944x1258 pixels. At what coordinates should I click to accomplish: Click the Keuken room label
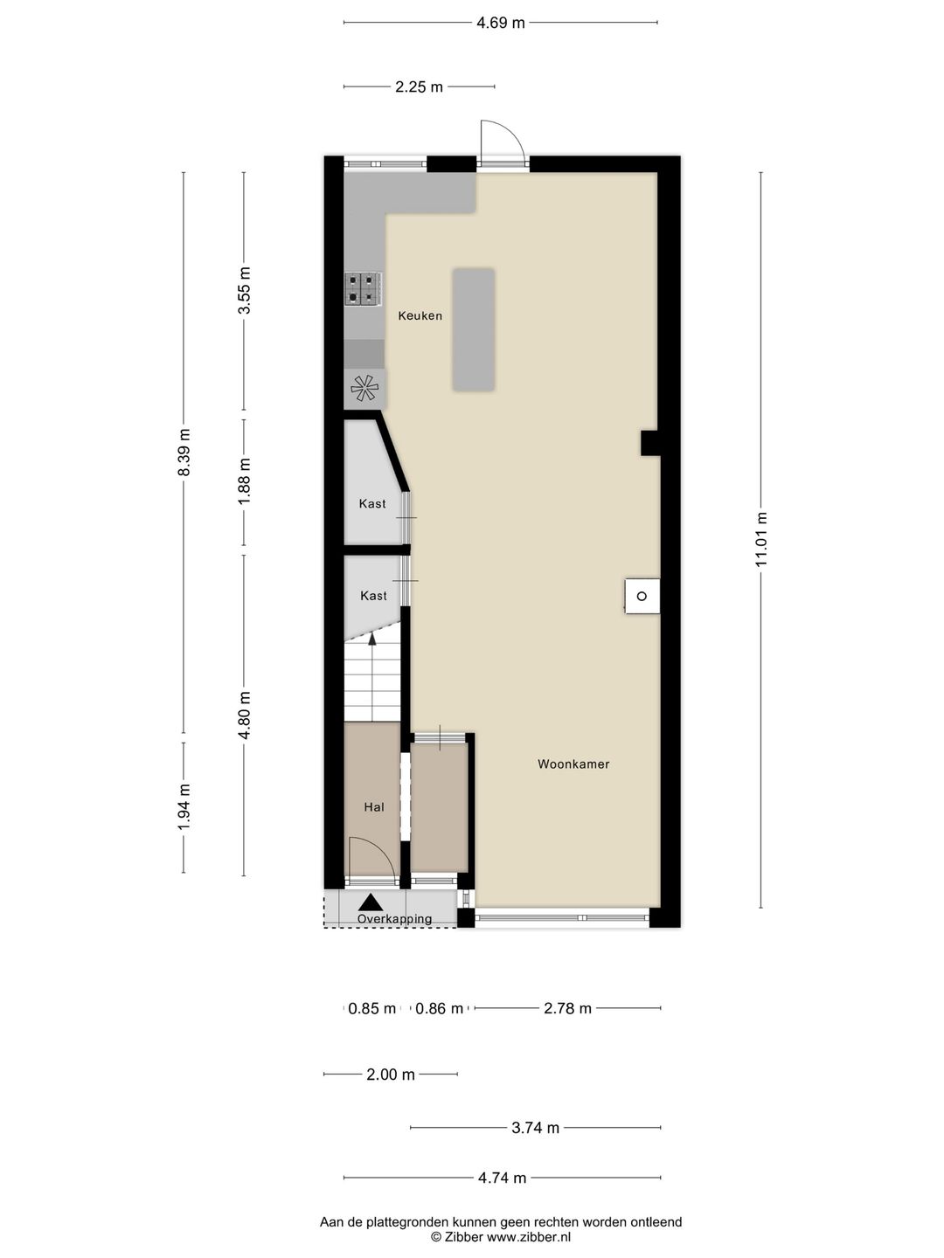420,315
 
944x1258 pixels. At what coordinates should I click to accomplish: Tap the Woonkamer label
573,764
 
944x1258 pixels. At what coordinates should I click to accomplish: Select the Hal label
374,807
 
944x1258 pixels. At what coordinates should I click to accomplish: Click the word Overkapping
394,919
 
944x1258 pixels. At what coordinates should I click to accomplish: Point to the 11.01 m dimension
760,539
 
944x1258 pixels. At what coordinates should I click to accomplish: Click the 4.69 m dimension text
500,23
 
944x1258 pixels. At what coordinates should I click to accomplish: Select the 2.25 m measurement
419,87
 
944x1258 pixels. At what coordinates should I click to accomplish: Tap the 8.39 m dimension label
184,453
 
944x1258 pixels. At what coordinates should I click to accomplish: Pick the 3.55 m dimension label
244,291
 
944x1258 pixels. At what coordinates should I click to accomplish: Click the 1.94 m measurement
184,807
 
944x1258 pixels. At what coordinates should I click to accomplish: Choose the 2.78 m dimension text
567,1008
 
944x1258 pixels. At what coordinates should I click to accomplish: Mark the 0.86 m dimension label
439,1008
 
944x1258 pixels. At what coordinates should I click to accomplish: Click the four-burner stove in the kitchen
364,289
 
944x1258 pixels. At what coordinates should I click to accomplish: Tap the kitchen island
474,329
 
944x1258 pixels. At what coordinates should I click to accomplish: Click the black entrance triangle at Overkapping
371,902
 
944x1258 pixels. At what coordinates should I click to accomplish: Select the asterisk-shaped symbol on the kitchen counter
364,388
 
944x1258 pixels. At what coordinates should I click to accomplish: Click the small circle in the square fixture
642,596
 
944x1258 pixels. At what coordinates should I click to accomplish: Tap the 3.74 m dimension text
535,1128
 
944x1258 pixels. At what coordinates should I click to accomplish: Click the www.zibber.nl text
529,1237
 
